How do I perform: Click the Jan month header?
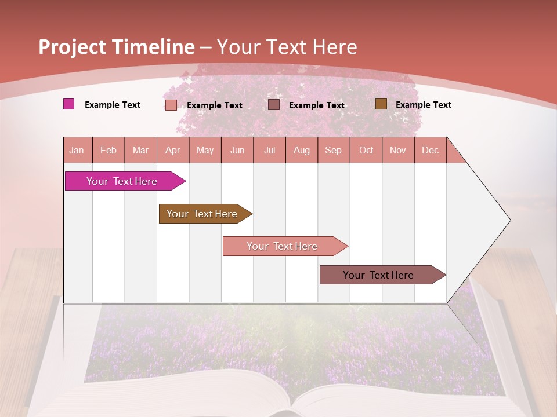click(77, 150)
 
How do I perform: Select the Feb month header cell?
click(108, 150)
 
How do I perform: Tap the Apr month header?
click(173, 150)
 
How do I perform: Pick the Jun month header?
click(237, 150)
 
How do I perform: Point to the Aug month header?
click(302, 150)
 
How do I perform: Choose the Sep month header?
click(334, 150)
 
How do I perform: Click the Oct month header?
click(366, 150)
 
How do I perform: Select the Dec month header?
click(431, 150)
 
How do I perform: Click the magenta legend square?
click(69, 104)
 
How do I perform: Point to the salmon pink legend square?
click(171, 105)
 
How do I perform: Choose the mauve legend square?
click(274, 105)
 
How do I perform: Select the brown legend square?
click(381, 104)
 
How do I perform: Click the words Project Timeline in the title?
click(117, 47)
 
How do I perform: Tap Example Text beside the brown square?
click(423, 105)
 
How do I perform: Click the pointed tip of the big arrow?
click(509, 220)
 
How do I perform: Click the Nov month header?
click(398, 150)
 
